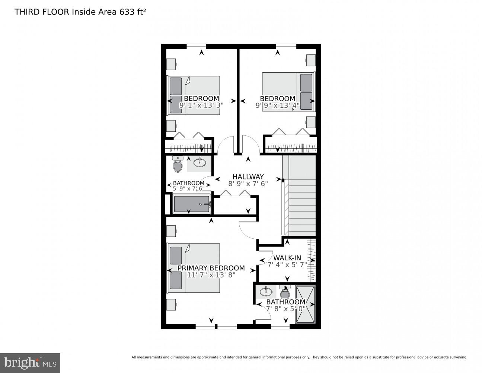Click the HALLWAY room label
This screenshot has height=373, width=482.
248,176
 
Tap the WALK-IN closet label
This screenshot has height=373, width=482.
287,258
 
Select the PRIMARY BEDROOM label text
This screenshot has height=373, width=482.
211,268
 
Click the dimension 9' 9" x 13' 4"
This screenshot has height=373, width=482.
277,105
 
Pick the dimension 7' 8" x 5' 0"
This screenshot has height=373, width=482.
286,308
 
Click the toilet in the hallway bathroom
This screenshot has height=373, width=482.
178,164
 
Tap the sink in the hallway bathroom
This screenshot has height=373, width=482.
200,162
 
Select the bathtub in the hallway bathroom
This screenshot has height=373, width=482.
192,204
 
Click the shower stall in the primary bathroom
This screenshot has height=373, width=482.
305,304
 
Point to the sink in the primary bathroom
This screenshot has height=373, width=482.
266,291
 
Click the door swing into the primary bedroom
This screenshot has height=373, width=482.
247,230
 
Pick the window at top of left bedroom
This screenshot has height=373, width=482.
196,46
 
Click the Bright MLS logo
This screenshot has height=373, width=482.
30,363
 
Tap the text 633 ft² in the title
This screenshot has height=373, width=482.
133,12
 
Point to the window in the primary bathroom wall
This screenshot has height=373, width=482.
280,326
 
